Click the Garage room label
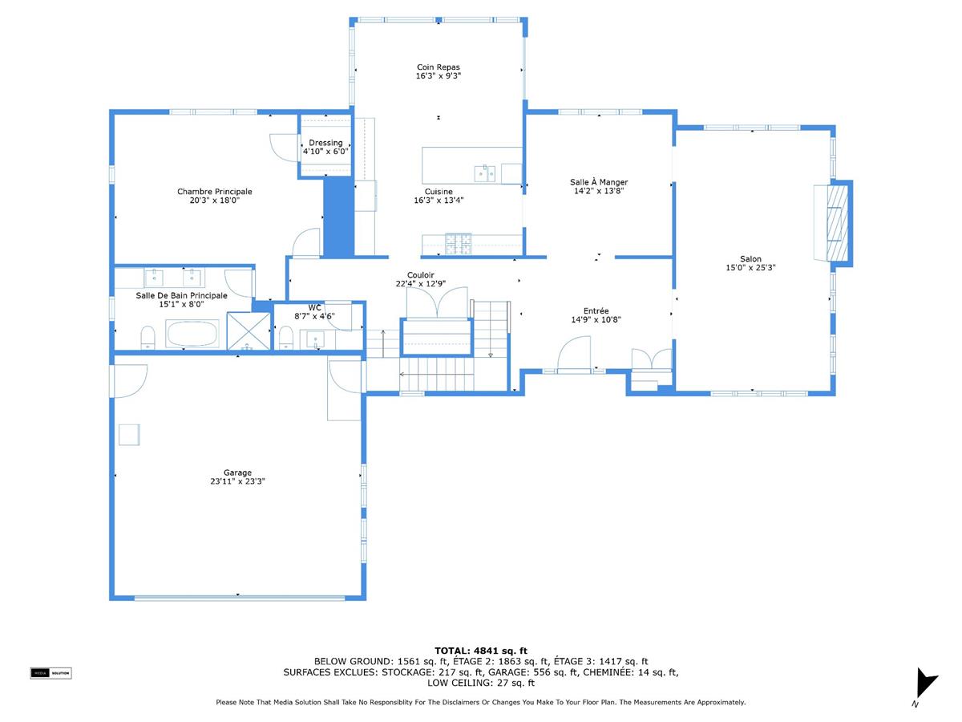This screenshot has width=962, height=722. coord(237,473)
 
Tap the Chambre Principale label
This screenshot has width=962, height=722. coord(214,192)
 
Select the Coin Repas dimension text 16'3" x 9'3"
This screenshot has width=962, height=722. coord(438,76)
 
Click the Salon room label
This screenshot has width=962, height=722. coord(750,259)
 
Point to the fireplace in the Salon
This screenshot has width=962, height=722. coord(834,221)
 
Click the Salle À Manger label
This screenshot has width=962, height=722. coord(599,183)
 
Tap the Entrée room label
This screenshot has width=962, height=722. coord(596,311)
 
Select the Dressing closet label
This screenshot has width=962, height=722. coord(325,143)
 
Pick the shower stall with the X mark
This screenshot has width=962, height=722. coord(249,332)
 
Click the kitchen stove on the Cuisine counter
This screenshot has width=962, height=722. coord(459,243)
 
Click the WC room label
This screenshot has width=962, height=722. coord(314,307)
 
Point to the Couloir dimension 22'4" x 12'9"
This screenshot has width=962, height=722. coord(421,283)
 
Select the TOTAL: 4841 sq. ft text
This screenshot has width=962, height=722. coord(480,651)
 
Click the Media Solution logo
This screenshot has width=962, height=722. coord(51,673)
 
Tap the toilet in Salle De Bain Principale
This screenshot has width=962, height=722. coord(148,337)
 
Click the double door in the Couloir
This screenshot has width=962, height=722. coord(436,302)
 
